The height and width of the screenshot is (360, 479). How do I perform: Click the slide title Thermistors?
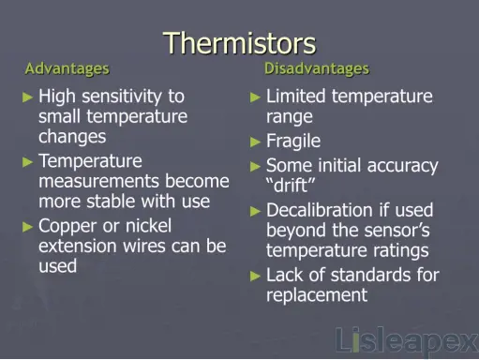pyautogui.click(x=239, y=42)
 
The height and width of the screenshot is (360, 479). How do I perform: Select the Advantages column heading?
pyautogui.click(x=67, y=68)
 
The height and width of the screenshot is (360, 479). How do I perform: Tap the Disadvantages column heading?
pyautogui.click(x=316, y=68)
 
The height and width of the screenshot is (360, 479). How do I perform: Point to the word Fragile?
pyautogui.click(x=293, y=142)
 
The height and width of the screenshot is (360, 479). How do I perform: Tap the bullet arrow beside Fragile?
pyautogui.click(x=256, y=142)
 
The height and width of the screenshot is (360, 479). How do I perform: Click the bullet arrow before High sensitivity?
pyautogui.click(x=28, y=97)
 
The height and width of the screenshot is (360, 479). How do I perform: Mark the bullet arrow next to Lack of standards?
pyautogui.click(x=256, y=276)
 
